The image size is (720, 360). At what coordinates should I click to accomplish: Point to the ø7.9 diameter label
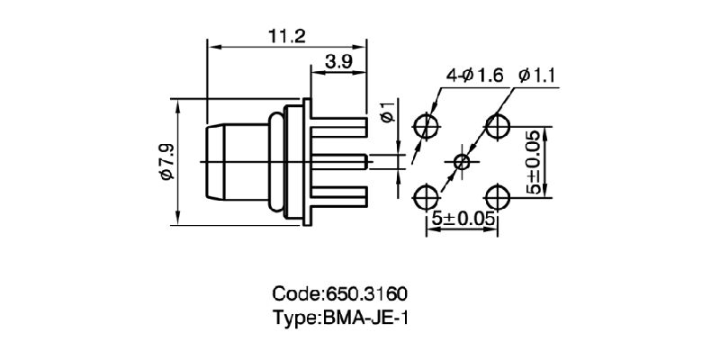[166, 163]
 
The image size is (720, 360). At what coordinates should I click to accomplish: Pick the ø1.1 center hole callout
[539, 76]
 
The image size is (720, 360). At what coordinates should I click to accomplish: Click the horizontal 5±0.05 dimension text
[463, 219]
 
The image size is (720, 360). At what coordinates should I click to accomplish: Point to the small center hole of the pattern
[463, 162]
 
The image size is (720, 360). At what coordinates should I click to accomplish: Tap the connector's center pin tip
[364, 163]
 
